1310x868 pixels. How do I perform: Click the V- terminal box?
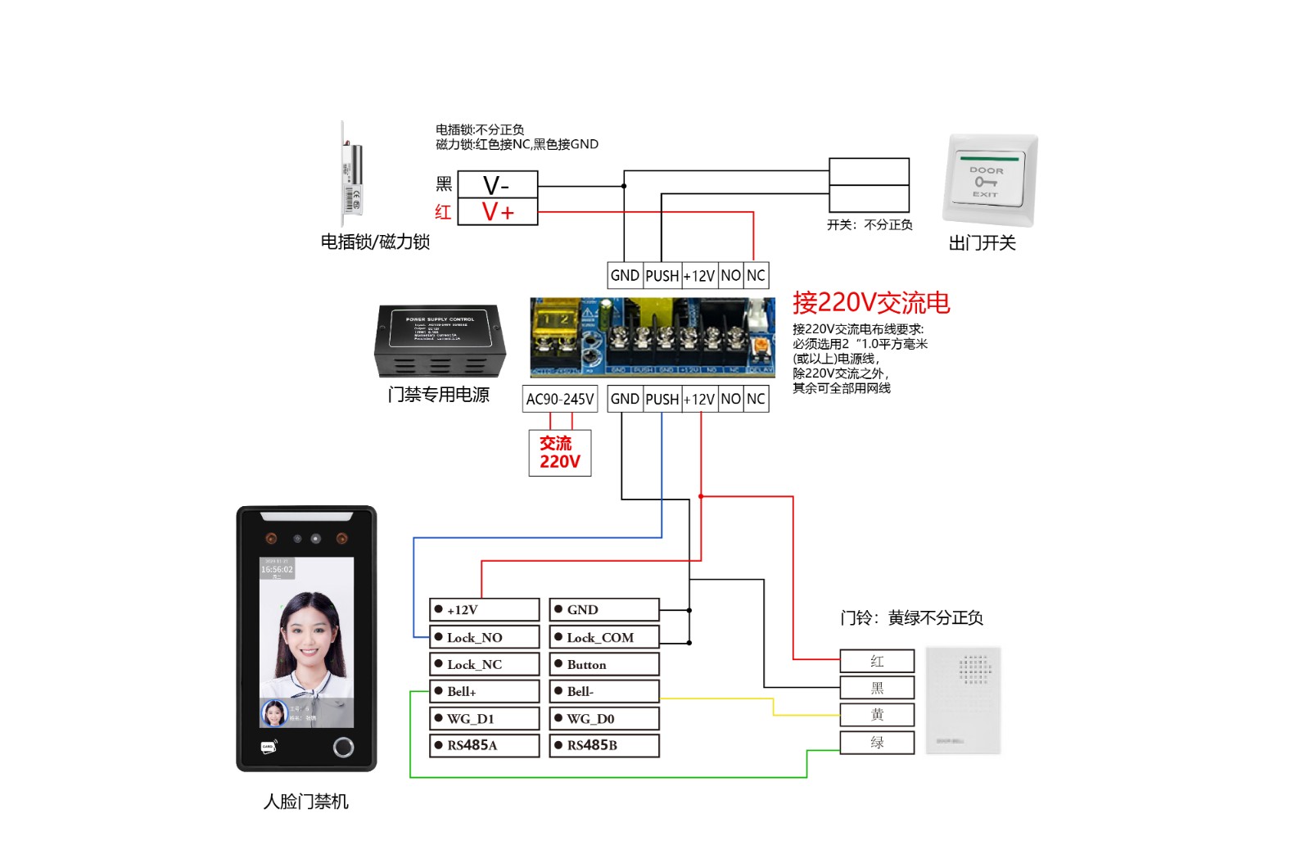(497, 184)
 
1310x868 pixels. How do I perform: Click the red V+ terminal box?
(497, 212)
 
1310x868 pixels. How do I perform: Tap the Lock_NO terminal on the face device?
(484, 637)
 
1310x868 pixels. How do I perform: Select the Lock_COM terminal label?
(603, 637)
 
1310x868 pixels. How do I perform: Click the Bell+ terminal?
(484, 691)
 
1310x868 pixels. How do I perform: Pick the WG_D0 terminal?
(603, 718)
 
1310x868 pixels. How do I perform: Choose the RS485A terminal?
(484, 745)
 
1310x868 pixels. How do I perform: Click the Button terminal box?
(603, 664)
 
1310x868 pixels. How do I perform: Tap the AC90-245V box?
(560, 399)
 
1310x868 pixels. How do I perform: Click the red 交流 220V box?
(560, 453)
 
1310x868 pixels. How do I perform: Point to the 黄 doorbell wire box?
(877, 715)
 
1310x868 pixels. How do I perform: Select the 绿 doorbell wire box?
(877, 742)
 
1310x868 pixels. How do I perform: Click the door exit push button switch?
(989, 180)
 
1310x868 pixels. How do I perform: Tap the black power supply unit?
(440, 341)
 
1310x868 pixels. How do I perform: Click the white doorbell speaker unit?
(964, 700)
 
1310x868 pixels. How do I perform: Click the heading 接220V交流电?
(870, 303)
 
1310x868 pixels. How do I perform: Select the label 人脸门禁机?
(306, 802)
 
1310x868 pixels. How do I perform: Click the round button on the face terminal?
(343, 747)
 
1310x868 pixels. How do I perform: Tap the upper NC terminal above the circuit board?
(756, 276)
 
